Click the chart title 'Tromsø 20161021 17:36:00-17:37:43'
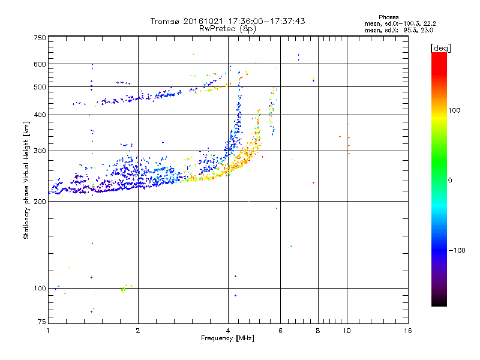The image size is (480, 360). [227, 21]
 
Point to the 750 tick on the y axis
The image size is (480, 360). [40, 38]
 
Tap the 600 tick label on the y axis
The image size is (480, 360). [40, 64]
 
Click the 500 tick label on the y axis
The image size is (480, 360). [40, 86]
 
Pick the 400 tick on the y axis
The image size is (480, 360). [40, 115]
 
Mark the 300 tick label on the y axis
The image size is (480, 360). [40, 151]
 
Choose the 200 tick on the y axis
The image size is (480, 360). [40, 202]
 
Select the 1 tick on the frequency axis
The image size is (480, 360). [48, 330]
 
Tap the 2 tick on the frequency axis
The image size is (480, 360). [138, 330]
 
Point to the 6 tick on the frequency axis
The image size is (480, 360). [280, 330]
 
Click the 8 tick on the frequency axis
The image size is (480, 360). [318, 330]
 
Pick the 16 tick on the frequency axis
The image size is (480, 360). [407, 330]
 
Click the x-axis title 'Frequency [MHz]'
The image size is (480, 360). [227, 338]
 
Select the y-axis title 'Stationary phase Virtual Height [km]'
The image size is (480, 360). [26, 180]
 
